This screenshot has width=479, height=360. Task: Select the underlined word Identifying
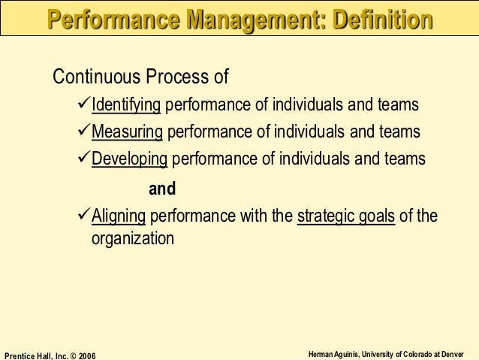pyautogui.click(x=126, y=105)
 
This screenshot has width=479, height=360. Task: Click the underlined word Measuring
pyautogui.click(x=127, y=132)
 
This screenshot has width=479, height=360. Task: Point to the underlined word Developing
pyautogui.click(x=131, y=159)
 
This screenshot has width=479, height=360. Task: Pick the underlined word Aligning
pyautogui.click(x=119, y=217)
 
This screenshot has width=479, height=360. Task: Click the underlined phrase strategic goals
pyautogui.click(x=346, y=217)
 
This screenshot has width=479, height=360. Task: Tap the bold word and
pyautogui.click(x=162, y=189)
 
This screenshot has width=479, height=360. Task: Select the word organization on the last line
pyautogui.click(x=133, y=240)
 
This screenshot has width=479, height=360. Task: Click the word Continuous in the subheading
pyautogui.click(x=94, y=77)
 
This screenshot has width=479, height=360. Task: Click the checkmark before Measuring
pyautogui.click(x=84, y=132)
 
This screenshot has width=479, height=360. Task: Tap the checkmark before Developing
pyautogui.click(x=84, y=159)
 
